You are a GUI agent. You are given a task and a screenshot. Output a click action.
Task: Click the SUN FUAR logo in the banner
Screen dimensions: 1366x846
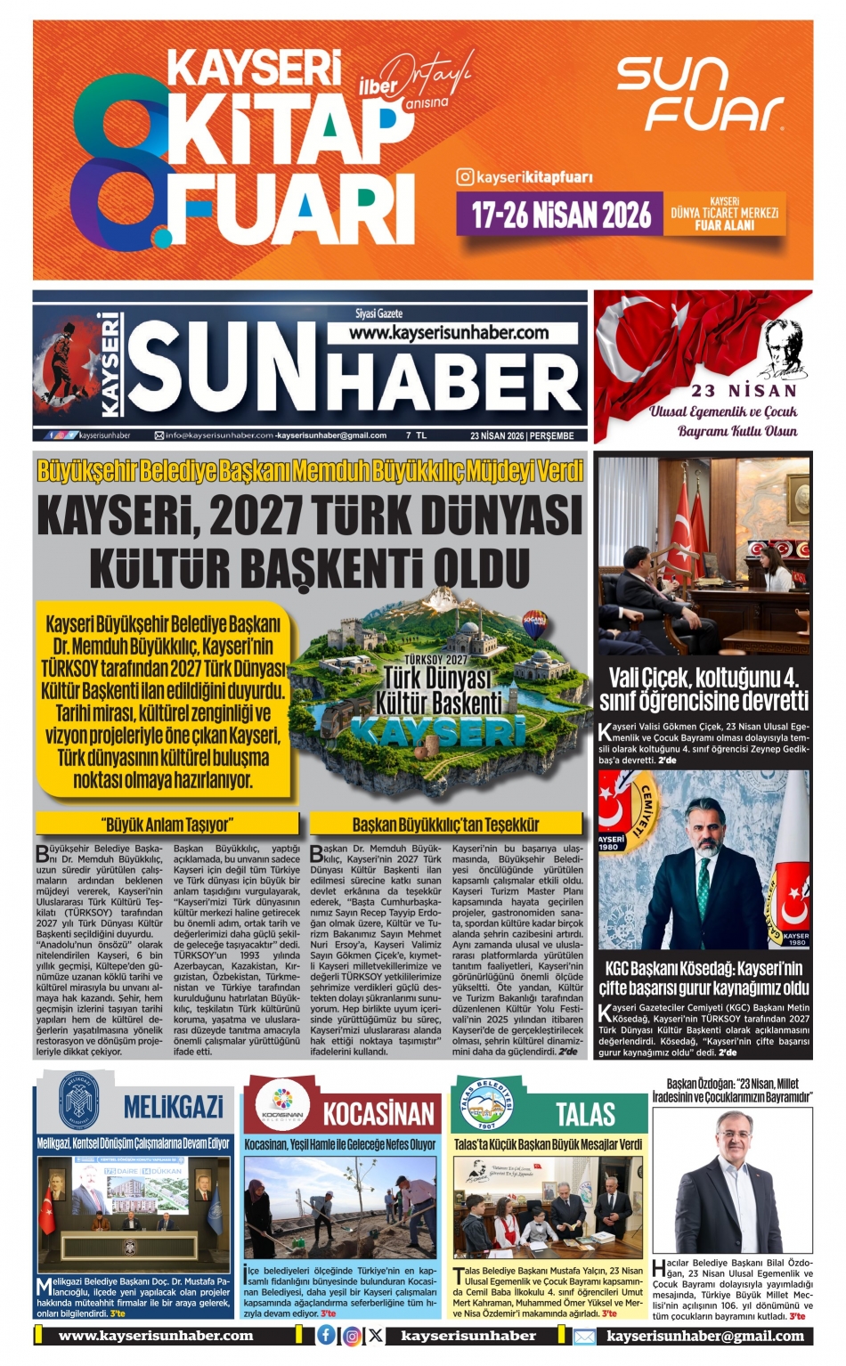pyautogui.click(x=700, y=94)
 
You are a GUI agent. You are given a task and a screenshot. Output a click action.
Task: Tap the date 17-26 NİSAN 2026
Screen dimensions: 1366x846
pyautogui.click(x=562, y=215)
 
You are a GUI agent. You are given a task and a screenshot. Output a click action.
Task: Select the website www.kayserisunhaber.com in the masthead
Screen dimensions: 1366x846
pyautogui.click(x=449, y=332)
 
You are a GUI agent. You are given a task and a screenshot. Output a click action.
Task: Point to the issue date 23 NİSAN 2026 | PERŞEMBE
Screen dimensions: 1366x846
pyautogui.click(x=522, y=435)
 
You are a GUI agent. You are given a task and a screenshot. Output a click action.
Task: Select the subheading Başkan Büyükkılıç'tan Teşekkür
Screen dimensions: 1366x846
pyautogui.click(x=445, y=824)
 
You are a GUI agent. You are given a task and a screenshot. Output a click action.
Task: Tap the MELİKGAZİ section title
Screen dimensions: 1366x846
pyautogui.click(x=173, y=1107)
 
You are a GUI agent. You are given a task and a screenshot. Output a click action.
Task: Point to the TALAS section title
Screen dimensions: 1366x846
pyautogui.click(x=585, y=1113)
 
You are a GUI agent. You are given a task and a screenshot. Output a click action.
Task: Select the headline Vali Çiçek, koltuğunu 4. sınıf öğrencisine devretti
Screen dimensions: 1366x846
pyautogui.click(x=704, y=687)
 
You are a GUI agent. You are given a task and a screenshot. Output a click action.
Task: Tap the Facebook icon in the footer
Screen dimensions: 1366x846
pyautogui.click(x=327, y=1335)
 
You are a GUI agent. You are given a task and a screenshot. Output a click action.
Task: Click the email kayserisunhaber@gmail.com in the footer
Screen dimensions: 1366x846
pyautogui.click(x=705, y=1336)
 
